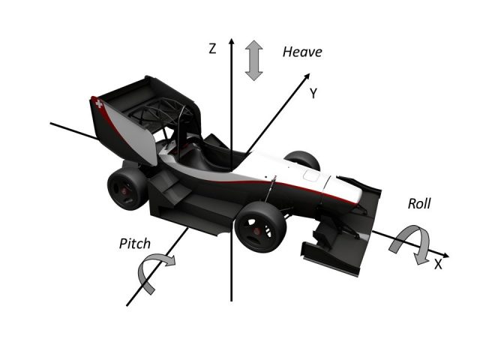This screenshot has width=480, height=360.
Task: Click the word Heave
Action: (301, 52)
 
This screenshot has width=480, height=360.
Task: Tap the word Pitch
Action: (135, 244)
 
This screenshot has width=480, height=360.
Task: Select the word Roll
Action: (420, 203)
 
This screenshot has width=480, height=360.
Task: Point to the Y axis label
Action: (313, 94)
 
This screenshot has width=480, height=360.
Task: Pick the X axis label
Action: (438, 264)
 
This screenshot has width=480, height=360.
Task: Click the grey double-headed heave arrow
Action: (254, 61)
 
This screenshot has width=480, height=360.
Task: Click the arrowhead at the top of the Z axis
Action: (232, 43)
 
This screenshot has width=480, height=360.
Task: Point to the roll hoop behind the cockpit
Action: (178, 120)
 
